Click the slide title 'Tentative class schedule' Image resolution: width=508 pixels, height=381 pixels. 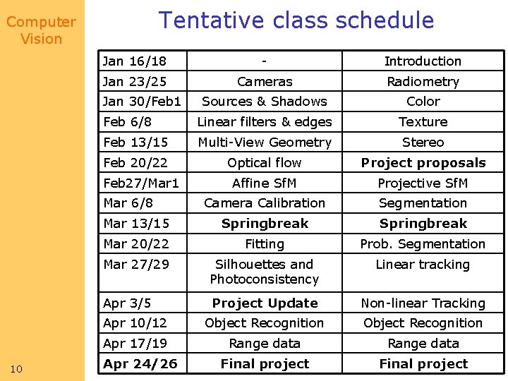point(296,20)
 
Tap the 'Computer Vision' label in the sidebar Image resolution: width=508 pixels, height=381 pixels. point(41,30)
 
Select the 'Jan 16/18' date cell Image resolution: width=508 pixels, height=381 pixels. point(135,61)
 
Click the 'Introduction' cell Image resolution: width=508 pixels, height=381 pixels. point(423,61)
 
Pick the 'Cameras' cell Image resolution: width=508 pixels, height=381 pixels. point(265,82)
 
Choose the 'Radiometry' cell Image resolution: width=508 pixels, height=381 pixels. point(423,82)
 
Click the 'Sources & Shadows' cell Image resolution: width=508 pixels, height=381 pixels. point(265,102)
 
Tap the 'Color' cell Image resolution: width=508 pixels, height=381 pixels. point(423,102)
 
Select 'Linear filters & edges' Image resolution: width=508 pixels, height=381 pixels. point(265,122)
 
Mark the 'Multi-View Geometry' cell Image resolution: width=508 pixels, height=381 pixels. point(265,143)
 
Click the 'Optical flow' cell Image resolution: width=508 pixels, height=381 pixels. point(265,163)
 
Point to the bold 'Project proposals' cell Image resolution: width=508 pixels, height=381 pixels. point(423,163)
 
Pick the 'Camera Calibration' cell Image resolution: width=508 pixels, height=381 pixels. point(265,203)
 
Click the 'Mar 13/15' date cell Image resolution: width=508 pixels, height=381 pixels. point(136,224)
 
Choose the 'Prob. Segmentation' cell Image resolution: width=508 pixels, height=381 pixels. point(423,244)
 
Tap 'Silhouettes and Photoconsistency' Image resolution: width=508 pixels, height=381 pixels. point(265,272)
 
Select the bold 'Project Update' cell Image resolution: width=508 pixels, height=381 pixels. point(265,303)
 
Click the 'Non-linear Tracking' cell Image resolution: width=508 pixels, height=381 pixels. point(423,303)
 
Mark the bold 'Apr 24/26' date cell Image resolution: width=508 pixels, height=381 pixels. point(140,364)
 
